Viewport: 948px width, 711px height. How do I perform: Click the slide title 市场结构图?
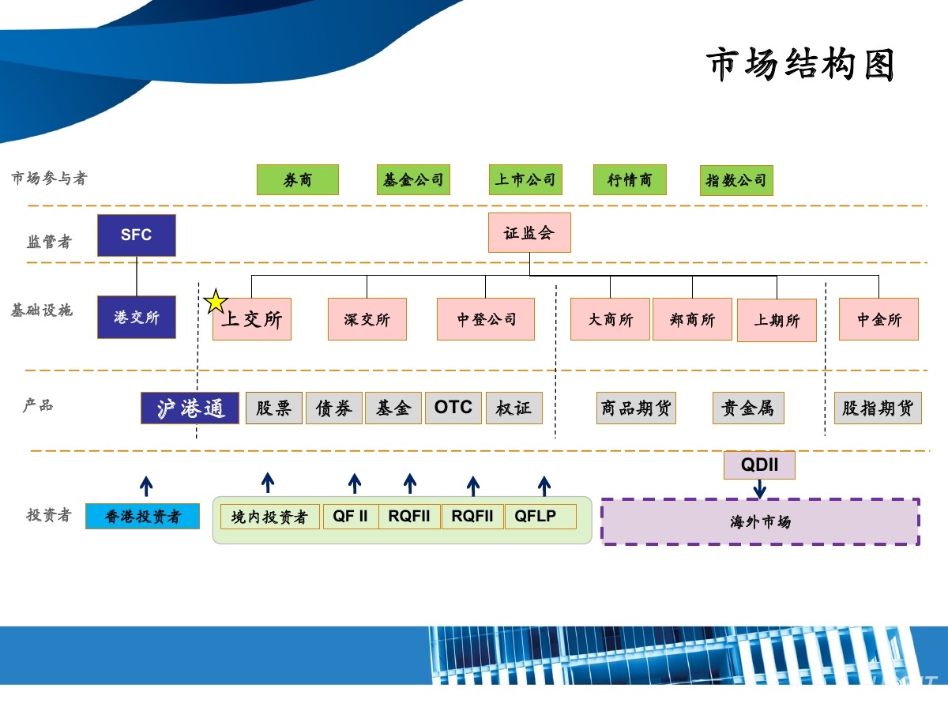[x=799, y=64]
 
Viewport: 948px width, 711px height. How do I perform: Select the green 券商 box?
[x=298, y=180]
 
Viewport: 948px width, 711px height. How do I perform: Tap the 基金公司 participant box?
[x=413, y=180]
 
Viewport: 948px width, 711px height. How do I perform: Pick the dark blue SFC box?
[x=137, y=235]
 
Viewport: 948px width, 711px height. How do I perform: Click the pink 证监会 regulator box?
[x=529, y=232]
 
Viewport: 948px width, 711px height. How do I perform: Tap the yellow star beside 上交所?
[x=216, y=302]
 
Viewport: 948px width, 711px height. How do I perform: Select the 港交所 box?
[x=137, y=318]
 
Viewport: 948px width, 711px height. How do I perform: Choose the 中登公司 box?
[x=486, y=319]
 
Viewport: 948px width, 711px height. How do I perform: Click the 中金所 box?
[x=878, y=319]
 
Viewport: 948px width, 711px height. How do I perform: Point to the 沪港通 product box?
[x=190, y=408]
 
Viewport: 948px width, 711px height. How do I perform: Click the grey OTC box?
[x=453, y=408]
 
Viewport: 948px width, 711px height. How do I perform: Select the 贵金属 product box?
[x=748, y=408]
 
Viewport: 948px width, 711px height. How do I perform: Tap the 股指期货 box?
[x=878, y=408]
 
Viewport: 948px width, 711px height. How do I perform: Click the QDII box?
[x=759, y=465]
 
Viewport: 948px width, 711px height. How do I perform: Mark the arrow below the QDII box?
[x=759, y=489]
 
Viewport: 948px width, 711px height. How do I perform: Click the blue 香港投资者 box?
[x=143, y=517]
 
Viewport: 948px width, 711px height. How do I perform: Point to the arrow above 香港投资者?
[x=146, y=485]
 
